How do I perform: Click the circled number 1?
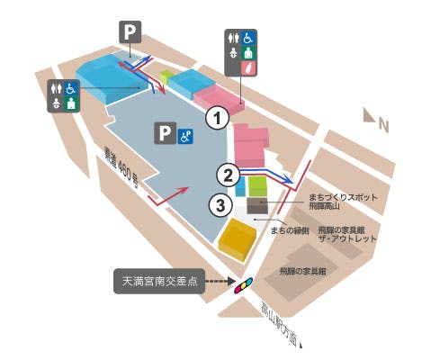[215, 116]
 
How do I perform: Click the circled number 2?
[229, 174]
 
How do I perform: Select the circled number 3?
[216, 204]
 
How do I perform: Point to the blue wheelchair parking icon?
[185, 135]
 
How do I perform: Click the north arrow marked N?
[373, 118]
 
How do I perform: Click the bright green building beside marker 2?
[257, 187]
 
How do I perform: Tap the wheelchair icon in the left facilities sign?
[71, 88]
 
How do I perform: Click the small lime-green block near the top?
[166, 76]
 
